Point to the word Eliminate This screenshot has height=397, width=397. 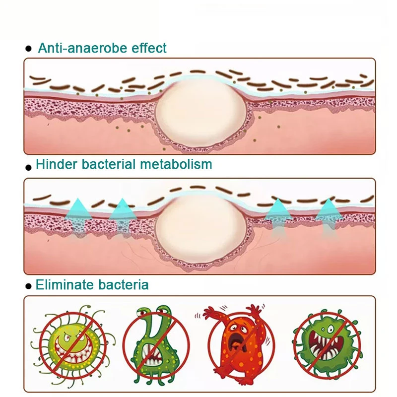64,285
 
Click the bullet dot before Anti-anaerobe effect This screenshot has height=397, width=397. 29,49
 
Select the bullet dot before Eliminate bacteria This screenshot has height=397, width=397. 28,286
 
